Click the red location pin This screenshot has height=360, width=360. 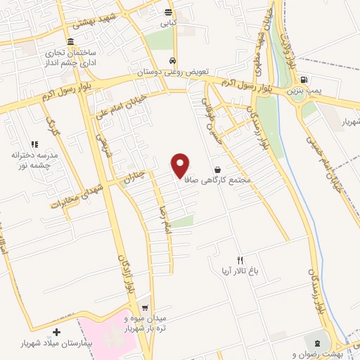tap(181, 165)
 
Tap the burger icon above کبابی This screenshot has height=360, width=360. tap(167, 13)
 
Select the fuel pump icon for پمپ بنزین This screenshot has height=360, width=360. tap(304, 80)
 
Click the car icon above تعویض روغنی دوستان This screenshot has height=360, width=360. tap(172, 61)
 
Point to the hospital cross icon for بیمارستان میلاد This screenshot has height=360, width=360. tap(57, 332)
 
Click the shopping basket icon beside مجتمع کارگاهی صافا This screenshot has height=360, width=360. tap(217, 169)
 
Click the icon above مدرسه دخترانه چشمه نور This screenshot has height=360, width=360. tap(34, 144)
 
